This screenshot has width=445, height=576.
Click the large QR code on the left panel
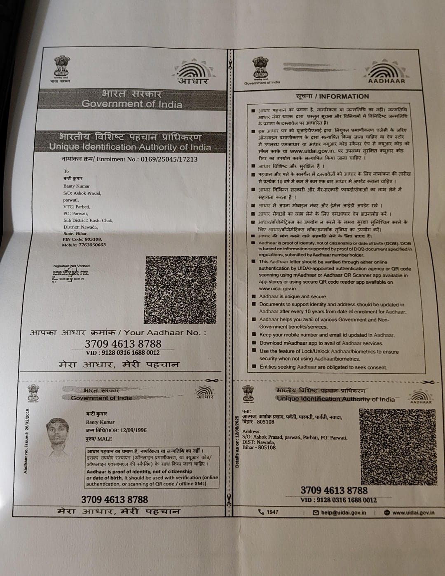180,289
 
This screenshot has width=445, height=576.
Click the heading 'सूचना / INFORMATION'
332,96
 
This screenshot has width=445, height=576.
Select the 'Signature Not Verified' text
71,266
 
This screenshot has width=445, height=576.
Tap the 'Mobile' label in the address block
69,245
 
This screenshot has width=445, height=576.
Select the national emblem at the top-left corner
61,67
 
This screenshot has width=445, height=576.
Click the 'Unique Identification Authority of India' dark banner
130,142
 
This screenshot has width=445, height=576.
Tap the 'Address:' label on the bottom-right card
251,431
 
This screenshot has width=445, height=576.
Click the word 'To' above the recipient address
66,171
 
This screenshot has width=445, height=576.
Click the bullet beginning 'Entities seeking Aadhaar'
323,367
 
